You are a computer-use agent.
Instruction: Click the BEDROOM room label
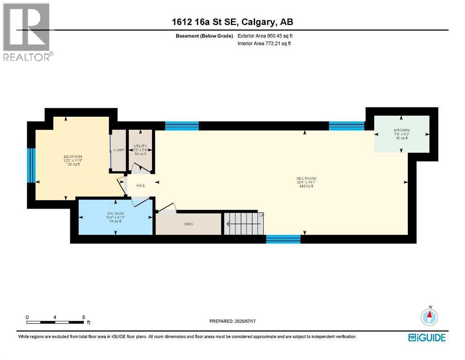(x=73, y=157)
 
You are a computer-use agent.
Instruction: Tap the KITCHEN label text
(x=401, y=130)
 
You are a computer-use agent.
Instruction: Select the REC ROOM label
(x=306, y=179)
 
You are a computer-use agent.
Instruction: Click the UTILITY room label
(x=140, y=146)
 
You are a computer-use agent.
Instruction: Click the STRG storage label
(x=188, y=224)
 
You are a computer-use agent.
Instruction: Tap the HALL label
(x=140, y=186)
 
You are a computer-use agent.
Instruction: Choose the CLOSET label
(x=118, y=150)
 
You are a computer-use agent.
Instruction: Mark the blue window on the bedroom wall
(x=31, y=165)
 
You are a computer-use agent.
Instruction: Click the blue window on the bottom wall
(x=283, y=239)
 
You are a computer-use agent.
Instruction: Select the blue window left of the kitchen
(x=347, y=125)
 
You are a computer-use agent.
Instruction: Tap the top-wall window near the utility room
(x=182, y=126)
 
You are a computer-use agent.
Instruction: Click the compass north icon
(x=428, y=316)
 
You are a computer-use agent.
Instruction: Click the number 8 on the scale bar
(x=83, y=317)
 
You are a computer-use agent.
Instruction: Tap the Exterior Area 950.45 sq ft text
(x=266, y=36)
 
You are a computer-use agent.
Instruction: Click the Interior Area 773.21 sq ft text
(x=265, y=44)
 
